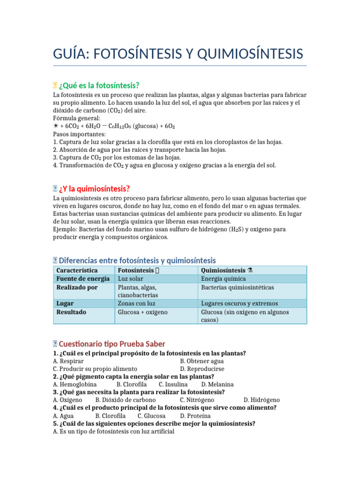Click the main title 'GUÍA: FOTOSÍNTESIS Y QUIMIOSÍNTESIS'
[178, 53]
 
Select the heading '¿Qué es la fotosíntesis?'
[99, 85]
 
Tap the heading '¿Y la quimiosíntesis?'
[94, 189]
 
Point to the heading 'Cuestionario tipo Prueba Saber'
[112, 344]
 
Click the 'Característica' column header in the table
[77, 270]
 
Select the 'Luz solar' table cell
[131, 279]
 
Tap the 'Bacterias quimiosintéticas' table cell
[237, 287]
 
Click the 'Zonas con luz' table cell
[136, 303]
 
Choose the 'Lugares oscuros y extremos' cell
[239, 303]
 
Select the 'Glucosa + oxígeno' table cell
[142, 312]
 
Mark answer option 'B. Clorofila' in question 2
[128, 384]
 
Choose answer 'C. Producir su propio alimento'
[95, 369]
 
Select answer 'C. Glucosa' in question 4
[151, 415]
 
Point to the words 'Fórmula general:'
[74, 118]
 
